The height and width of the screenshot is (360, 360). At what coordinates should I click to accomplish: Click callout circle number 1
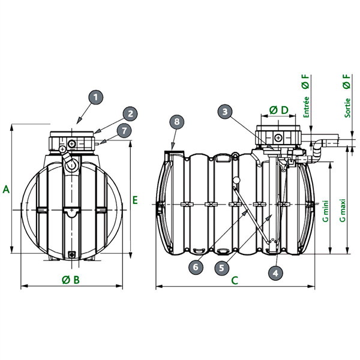click(x=95, y=97)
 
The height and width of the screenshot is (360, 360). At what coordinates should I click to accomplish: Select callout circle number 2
click(x=130, y=113)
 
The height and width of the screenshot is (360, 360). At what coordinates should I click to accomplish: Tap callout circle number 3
click(x=225, y=112)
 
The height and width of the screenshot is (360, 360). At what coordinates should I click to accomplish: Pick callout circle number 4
click(x=275, y=273)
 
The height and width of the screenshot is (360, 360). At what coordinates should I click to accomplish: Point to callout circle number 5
click(x=222, y=268)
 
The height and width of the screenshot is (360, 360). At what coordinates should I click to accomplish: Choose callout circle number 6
click(x=196, y=267)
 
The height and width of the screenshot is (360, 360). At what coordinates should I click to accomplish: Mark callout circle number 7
click(x=124, y=131)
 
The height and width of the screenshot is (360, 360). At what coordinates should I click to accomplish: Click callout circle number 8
click(x=177, y=121)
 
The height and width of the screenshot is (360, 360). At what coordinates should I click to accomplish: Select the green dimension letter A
click(x=6, y=190)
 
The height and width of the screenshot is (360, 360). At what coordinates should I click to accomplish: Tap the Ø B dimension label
click(x=71, y=280)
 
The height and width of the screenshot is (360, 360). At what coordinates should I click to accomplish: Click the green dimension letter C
click(x=235, y=280)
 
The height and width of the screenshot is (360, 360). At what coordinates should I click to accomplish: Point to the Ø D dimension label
click(x=279, y=110)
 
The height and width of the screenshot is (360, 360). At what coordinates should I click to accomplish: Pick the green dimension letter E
click(x=135, y=200)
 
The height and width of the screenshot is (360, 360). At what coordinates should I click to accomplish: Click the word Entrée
click(x=306, y=107)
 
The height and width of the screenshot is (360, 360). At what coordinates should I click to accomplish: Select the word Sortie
click(x=347, y=108)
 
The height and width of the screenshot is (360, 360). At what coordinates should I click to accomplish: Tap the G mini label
click(x=326, y=211)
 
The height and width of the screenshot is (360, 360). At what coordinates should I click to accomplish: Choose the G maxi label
click(x=343, y=211)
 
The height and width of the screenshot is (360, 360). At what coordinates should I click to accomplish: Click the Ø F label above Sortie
click(x=347, y=81)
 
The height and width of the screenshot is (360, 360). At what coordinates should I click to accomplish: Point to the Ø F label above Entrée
click(x=305, y=81)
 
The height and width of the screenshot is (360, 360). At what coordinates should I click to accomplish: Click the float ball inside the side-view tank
click(x=236, y=180)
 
